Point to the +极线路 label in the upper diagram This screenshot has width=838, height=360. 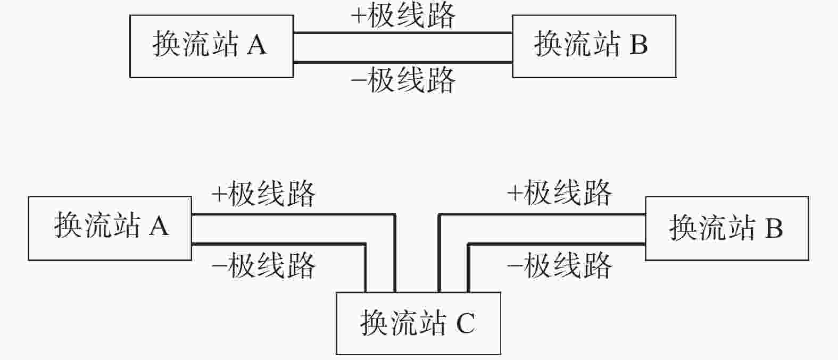click(x=403, y=16)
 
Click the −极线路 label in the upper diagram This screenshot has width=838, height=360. click(x=403, y=80)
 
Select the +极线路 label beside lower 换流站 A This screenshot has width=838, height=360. click(x=263, y=194)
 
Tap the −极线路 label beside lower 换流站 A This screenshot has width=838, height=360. click(x=263, y=265)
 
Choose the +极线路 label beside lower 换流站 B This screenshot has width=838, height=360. click(x=560, y=193)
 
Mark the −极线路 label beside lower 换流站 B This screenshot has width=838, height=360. click(x=560, y=265)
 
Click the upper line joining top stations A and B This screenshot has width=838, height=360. click(x=403, y=33)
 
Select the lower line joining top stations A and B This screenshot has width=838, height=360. click(x=403, y=62)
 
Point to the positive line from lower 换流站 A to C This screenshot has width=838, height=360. click(x=332, y=215)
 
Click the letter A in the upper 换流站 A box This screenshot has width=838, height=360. click(x=257, y=45)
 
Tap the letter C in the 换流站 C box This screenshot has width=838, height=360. click(x=466, y=323)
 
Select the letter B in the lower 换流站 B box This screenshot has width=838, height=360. click(x=774, y=228)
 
